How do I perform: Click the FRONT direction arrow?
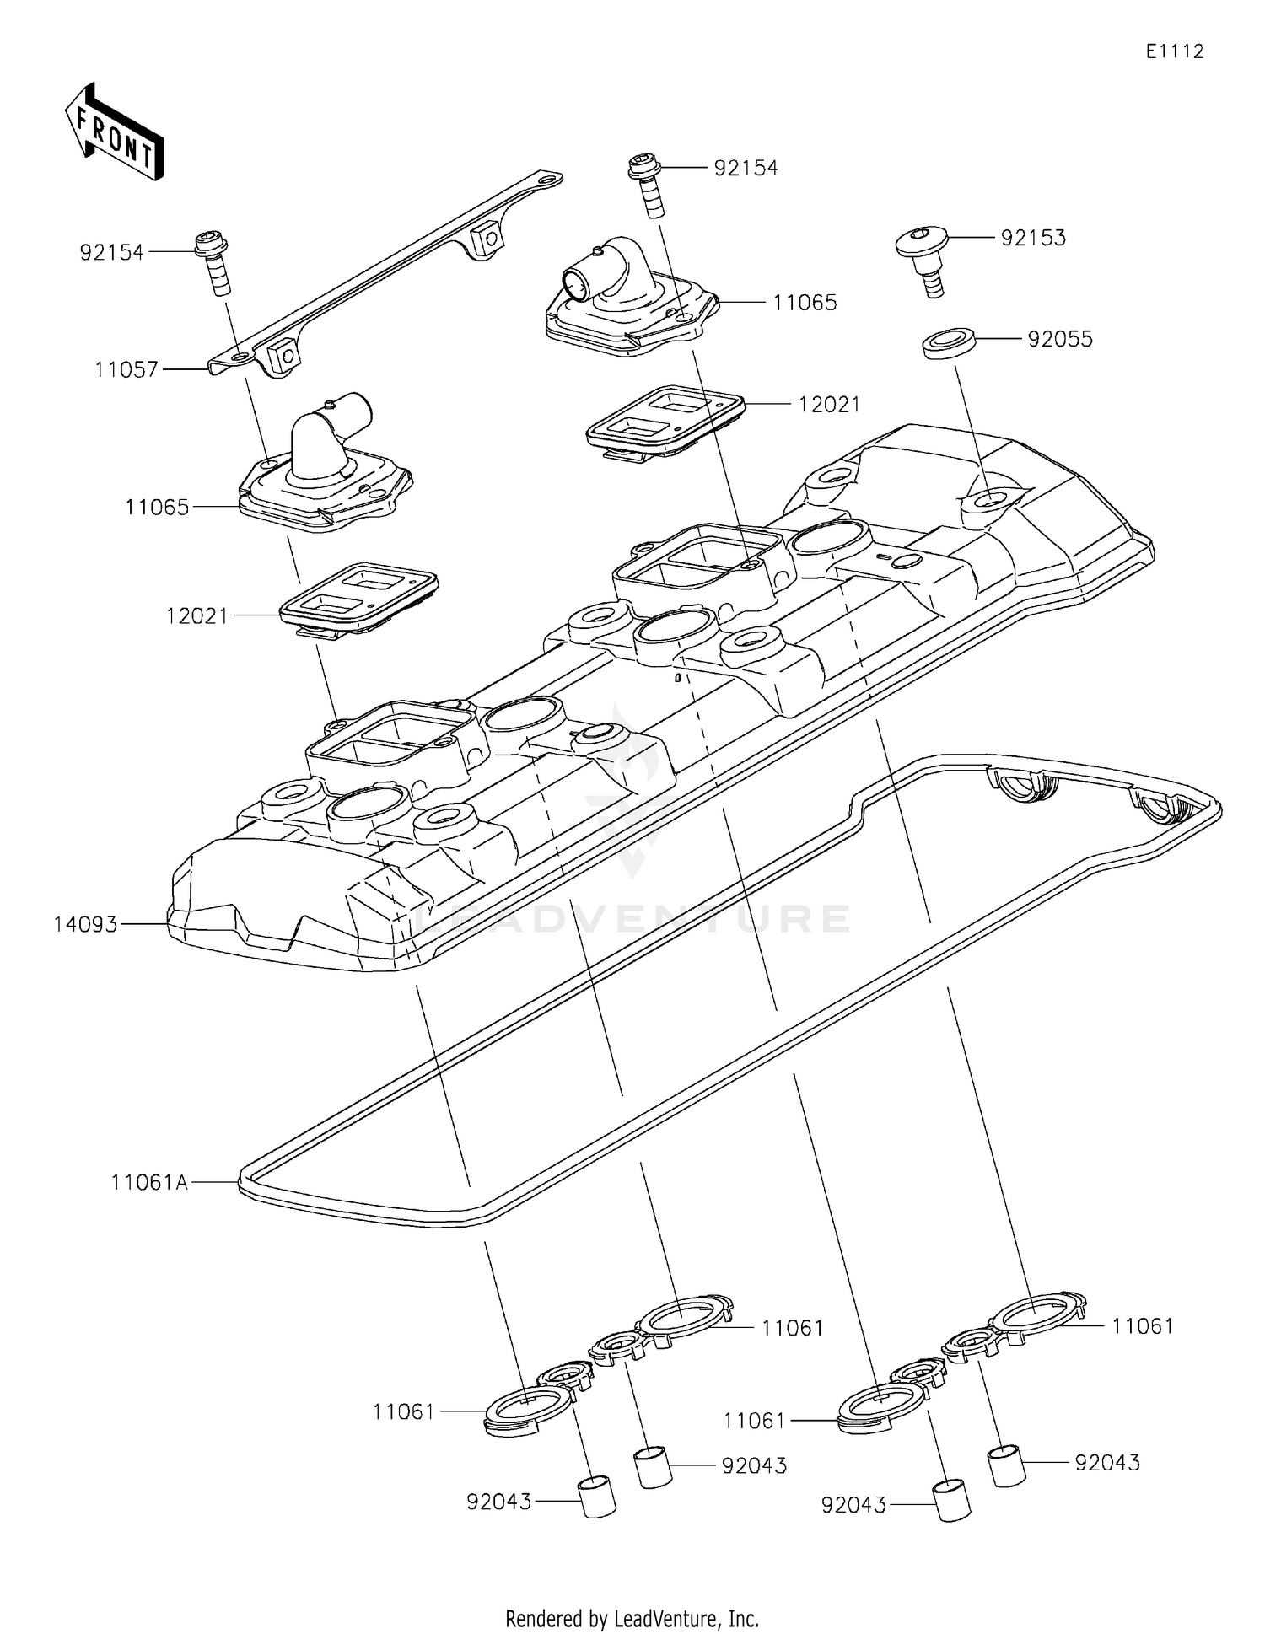pyautogui.click(x=114, y=132)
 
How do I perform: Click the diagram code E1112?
pyautogui.click(x=1174, y=51)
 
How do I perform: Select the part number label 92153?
pyautogui.click(x=1033, y=239)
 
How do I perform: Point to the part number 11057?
pyautogui.click(x=126, y=369)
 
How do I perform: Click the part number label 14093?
pyautogui.click(x=85, y=925)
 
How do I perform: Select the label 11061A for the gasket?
pyautogui.click(x=149, y=1183)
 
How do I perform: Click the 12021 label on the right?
pyautogui.click(x=829, y=406)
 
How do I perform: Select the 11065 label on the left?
pyautogui.click(x=157, y=508)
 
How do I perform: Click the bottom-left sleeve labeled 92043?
pyautogui.click(x=597, y=1497)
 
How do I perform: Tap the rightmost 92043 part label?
pyautogui.click(x=1107, y=1463)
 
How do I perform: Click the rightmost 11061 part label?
pyautogui.click(x=1142, y=1326)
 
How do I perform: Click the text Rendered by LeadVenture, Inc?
pyautogui.click(x=632, y=1618)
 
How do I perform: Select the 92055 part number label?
pyautogui.click(x=1060, y=340)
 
